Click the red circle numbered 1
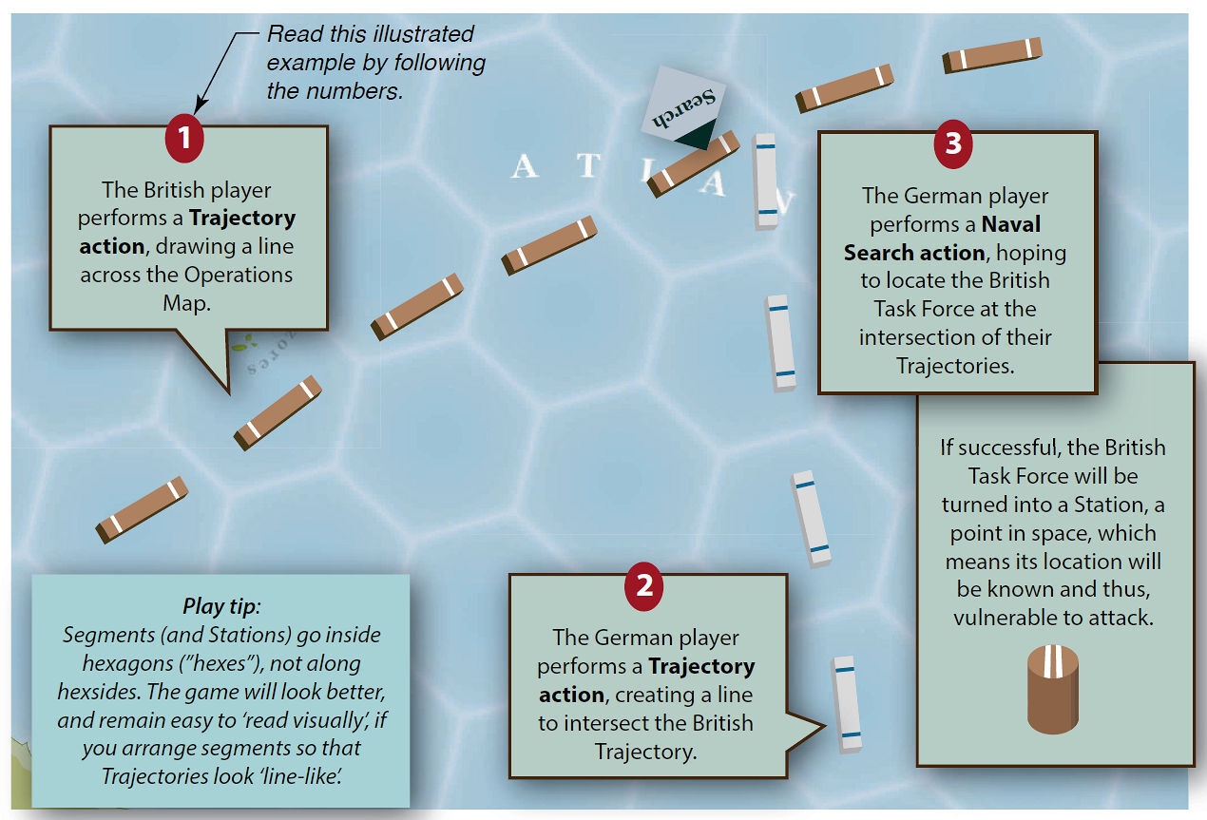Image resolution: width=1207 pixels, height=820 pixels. pyautogui.click(x=184, y=138)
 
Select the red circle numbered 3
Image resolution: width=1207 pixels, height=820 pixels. pyautogui.click(x=953, y=143)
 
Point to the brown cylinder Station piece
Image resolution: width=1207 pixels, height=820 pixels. pyautogui.click(x=1053, y=689)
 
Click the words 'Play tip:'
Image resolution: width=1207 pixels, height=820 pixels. pyautogui.click(x=220, y=605)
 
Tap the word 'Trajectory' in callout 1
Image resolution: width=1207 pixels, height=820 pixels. pyautogui.click(x=242, y=218)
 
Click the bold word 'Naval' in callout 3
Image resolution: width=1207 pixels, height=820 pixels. pyautogui.click(x=1010, y=224)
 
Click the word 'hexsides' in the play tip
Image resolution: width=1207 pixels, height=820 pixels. pyautogui.click(x=99, y=692)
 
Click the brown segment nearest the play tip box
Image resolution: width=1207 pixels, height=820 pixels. pyautogui.click(x=142, y=510)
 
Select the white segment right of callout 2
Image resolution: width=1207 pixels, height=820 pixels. pyautogui.click(x=846, y=704)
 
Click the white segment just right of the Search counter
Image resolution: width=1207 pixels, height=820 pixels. pyautogui.click(x=766, y=181)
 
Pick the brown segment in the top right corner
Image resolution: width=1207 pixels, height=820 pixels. pyautogui.click(x=992, y=55)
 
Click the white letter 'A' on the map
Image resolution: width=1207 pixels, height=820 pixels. pyautogui.click(x=525, y=168)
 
